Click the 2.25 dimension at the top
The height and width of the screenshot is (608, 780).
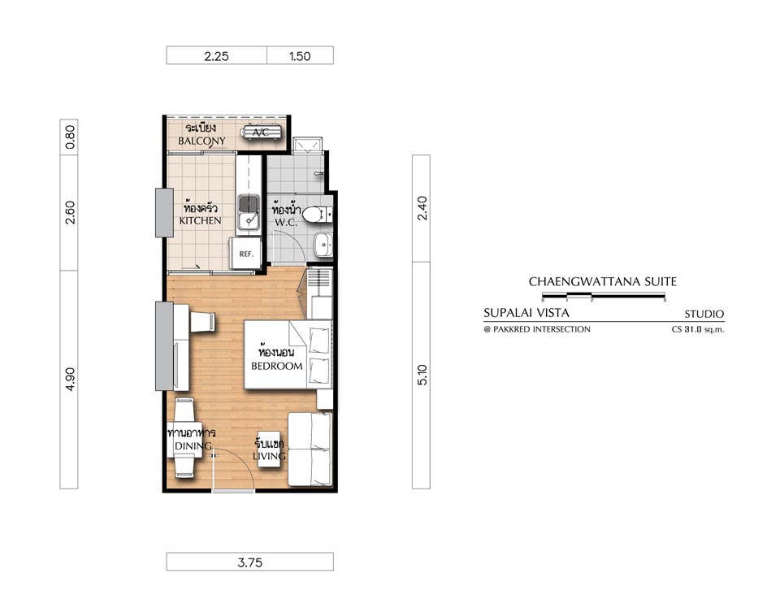(x=216, y=56)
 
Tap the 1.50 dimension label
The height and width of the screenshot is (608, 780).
(x=300, y=56)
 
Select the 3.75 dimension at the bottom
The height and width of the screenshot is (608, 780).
(x=249, y=562)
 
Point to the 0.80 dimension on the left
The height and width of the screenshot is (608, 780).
(x=70, y=137)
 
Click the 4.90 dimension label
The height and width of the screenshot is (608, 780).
(x=70, y=379)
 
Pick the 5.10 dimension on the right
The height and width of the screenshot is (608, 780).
(x=422, y=375)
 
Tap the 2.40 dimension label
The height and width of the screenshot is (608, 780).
(x=422, y=208)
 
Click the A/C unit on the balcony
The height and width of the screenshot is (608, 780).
(x=261, y=132)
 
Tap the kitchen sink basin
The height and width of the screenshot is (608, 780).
(x=248, y=203)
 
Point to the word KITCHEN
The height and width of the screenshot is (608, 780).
(x=201, y=220)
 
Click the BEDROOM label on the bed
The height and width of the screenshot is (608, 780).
(x=276, y=367)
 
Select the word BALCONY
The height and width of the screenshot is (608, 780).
(x=202, y=141)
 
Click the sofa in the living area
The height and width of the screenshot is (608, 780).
(x=310, y=449)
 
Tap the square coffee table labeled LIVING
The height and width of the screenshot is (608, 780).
(x=270, y=449)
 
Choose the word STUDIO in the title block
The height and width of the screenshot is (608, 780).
(x=704, y=314)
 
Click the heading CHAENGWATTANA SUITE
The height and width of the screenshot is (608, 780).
(x=603, y=281)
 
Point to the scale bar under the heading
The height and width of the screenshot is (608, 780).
(x=604, y=297)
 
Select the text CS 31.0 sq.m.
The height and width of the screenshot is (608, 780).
(x=698, y=329)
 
